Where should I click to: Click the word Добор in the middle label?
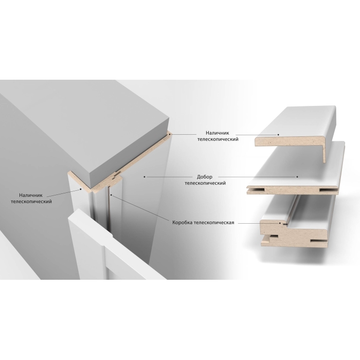coord(205,177)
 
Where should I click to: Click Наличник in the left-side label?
coord(31,195)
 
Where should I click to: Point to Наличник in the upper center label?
coord(218,133)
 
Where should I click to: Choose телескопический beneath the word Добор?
coord(205,183)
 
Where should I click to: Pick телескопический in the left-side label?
coord(31,202)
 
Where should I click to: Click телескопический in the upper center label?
coord(218,139)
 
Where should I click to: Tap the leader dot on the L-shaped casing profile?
coord(278,135)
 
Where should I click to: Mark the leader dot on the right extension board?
coord(297,177)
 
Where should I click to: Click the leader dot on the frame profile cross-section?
coord(280,223)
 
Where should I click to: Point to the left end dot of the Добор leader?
coord(145,177)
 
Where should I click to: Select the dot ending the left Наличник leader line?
coord(81,189)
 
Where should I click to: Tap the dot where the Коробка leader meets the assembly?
coord(111,195)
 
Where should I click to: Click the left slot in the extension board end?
coord(256,190)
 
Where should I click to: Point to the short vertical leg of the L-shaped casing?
coord(325,154)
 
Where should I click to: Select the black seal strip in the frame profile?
coord(285,223)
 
